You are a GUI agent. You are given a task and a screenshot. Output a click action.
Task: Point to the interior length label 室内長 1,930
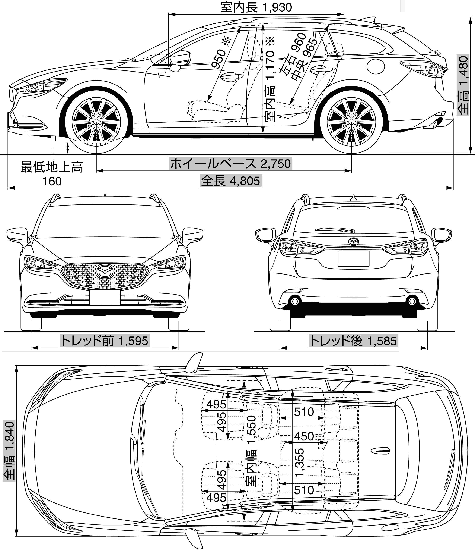(256, 7)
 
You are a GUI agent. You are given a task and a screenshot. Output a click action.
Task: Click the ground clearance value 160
(52, 181)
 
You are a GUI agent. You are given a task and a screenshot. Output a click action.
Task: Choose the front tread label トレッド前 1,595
(105, 341)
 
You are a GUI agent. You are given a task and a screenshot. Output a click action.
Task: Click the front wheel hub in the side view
(96, 121)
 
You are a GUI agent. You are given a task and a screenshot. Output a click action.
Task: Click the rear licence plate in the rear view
(353, 258)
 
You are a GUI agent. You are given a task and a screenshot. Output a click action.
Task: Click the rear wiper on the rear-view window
(335, 229)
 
